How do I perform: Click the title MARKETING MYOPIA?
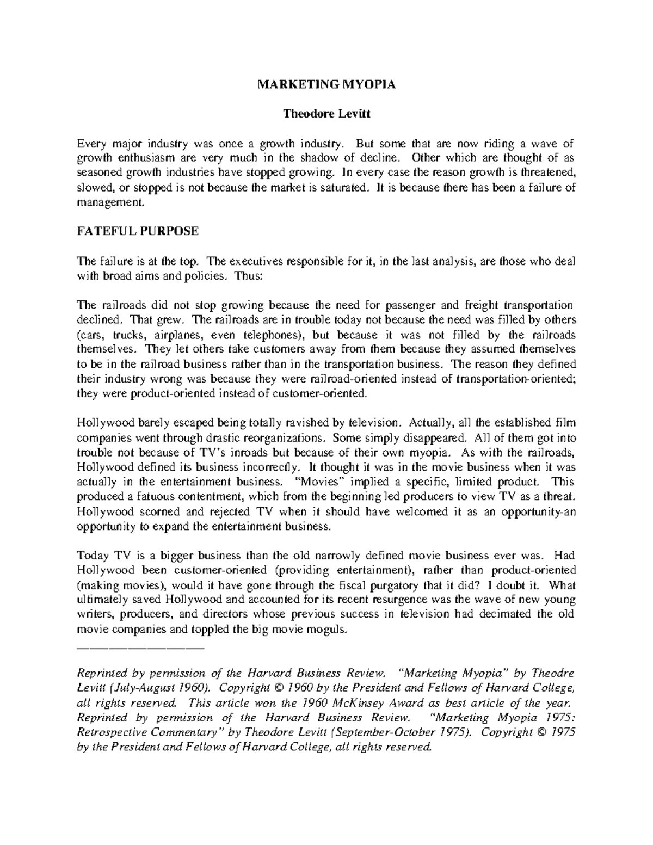tap(326, 85)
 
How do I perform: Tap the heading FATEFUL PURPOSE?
tap(138, 231)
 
